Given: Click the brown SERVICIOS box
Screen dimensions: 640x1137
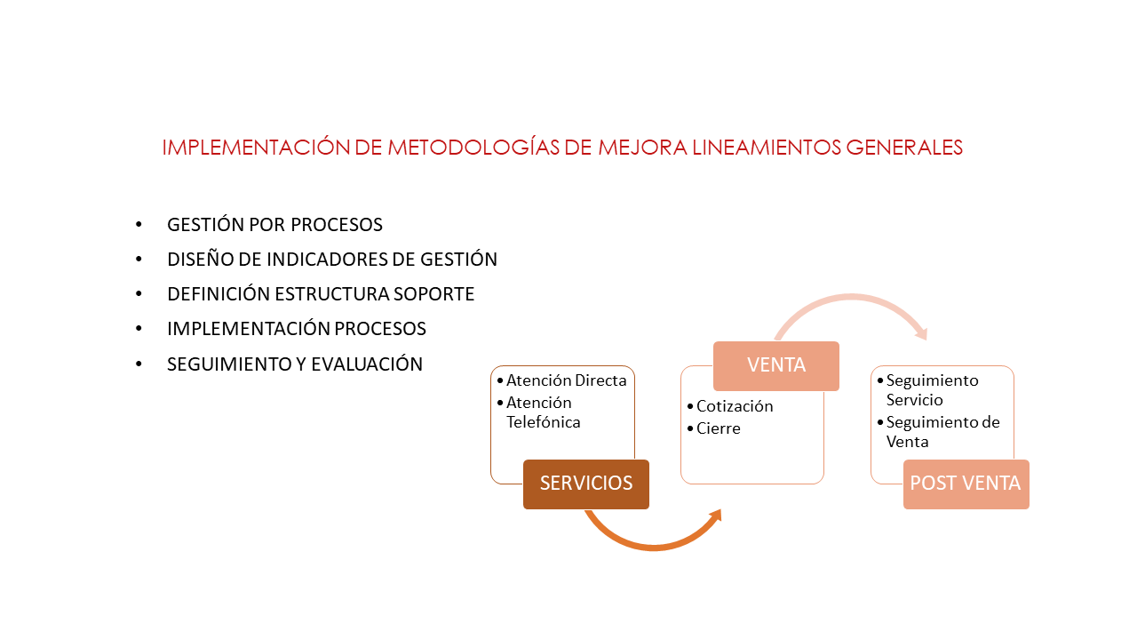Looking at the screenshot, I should point(586,484).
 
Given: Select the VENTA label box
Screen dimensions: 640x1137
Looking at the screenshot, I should point(776,365).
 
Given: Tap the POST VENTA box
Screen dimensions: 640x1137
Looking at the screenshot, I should point(966,484).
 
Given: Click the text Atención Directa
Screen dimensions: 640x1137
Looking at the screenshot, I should point(567,380).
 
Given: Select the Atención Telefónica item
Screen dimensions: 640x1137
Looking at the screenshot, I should point(544,412).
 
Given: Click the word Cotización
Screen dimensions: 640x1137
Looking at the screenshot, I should point(735,406).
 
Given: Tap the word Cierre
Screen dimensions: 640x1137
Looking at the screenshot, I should point(719,428).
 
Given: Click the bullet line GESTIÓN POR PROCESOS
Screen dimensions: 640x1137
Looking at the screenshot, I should point(274,225).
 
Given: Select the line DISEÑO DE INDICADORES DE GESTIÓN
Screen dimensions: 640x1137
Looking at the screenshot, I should point(332,260).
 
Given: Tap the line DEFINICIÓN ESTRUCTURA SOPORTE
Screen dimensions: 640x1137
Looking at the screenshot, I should point(321,294).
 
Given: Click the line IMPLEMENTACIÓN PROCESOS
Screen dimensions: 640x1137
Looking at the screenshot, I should point(297,329).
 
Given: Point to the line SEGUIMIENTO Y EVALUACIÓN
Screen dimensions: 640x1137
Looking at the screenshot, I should point(295,364).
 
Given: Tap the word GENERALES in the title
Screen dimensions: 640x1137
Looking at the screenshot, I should point(903,148).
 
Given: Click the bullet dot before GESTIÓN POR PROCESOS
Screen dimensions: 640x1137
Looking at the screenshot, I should point(139,225).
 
